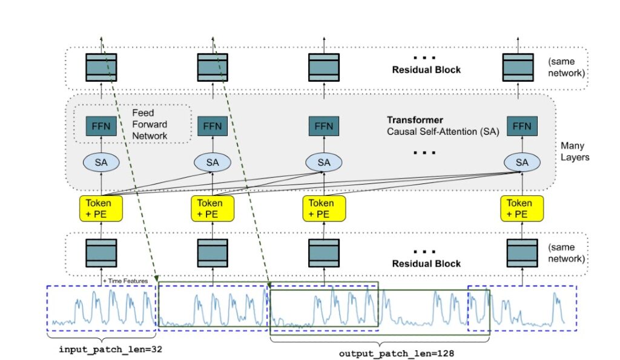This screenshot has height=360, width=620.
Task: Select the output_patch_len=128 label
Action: click(x=396, y=353)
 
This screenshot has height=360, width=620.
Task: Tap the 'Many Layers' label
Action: click(x=575, y=151)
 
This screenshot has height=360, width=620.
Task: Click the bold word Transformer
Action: click(x=415, y=120)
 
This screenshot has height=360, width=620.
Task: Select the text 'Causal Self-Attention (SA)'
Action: click(x=443, y=131)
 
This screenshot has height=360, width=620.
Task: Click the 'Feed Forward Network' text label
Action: click(x=150, y=124)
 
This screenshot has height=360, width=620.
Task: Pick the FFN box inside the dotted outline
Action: click(x=101, y=126)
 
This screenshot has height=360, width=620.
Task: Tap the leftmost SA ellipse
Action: click(x=101, y=162)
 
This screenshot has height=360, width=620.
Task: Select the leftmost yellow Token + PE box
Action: click(x=101, y=208)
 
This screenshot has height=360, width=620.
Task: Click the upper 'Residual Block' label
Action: click(x=426, y=70)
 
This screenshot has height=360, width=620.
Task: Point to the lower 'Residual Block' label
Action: click(x=426, y=263)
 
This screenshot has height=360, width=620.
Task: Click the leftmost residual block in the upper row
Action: click(x=101, y=67)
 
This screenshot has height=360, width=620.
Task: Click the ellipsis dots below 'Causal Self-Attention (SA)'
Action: click(x=424, y=152)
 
